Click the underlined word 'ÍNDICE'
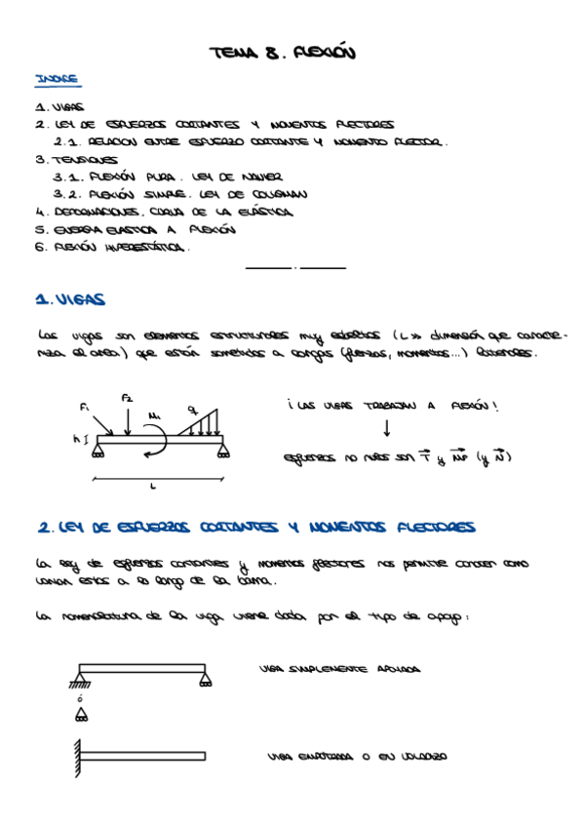57,79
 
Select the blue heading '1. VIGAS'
70,300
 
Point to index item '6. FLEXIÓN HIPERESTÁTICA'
111,247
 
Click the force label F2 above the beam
127,397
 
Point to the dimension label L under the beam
154,485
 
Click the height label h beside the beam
76,440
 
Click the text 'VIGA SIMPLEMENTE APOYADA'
340,670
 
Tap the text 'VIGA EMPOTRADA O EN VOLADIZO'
356,756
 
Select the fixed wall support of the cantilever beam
75,756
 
